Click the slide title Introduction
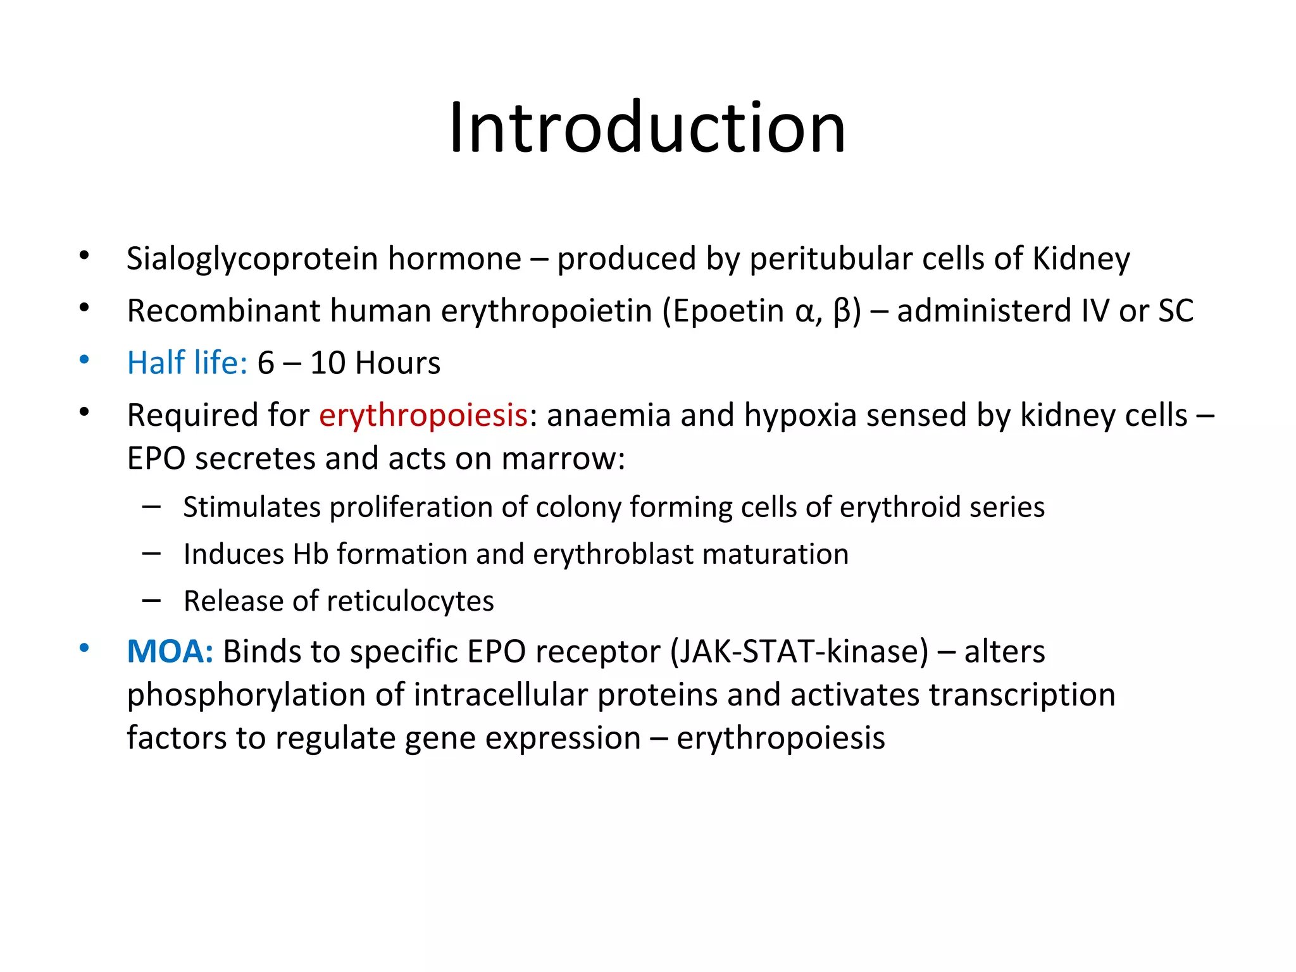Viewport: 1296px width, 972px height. point(647,128)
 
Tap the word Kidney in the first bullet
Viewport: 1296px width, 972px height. point(1081,259)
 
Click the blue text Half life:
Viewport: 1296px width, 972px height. point(187,363)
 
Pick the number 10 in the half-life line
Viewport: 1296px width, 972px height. point(327,363)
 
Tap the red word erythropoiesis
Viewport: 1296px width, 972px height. point(423,416)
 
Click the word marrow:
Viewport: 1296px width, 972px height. point(563,458)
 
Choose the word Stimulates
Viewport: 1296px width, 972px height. point(251,508)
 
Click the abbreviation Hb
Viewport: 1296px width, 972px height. point(310,554)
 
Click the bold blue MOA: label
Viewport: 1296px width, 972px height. point(170,652)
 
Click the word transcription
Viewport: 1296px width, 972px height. point(1021,695)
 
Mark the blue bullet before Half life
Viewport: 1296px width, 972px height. point(84,361)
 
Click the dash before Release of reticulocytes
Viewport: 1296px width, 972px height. point(151,600)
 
